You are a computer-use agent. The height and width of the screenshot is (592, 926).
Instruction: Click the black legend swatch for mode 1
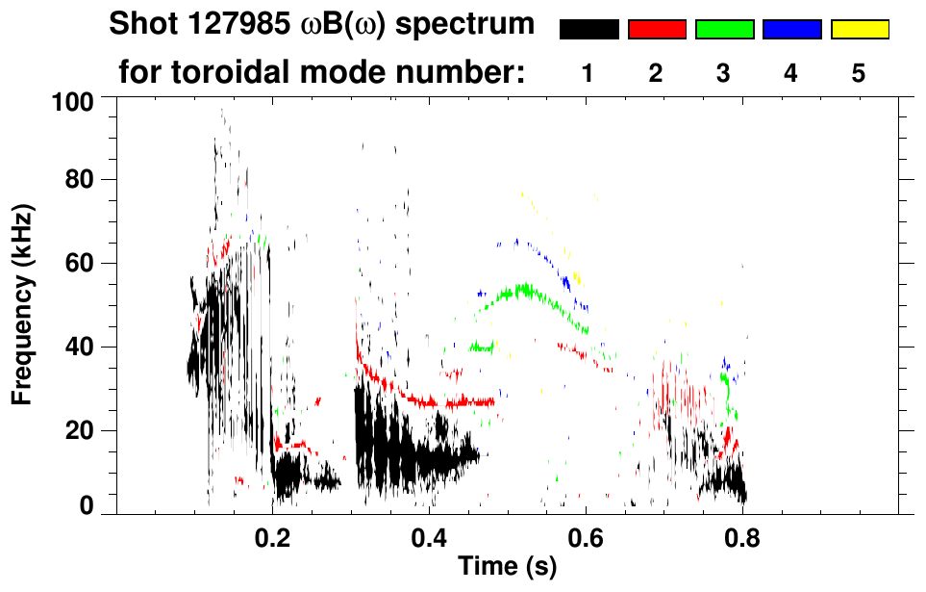(x=588, y=30)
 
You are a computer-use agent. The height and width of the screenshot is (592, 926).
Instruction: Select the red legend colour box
(x=657, y=30)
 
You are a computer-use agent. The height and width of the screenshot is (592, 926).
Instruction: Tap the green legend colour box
(x=724, y=30)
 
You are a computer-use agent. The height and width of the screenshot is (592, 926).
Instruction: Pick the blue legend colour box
(x=791, y=30)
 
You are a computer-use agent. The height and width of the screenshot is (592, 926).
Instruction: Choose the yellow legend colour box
(x=859, y=30)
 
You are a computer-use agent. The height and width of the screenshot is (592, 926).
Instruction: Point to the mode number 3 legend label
(x=724, y=73)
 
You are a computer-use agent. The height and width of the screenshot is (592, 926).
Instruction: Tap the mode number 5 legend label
(x=859, y=73)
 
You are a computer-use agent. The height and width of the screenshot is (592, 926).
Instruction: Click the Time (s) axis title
(x=507, y=567)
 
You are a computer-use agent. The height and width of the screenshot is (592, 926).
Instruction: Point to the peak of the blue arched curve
(x=517, y=241)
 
